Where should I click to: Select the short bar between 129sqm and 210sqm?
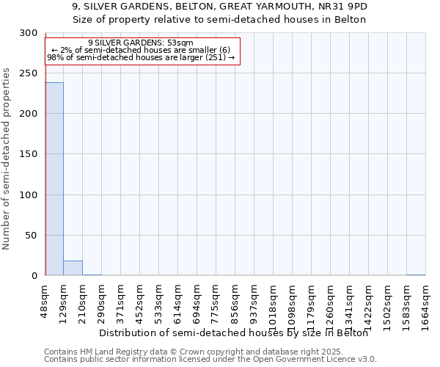(73, 268)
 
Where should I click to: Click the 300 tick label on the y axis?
(29, 33)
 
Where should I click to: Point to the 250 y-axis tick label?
(29, 73)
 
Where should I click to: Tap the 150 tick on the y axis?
(29, 154)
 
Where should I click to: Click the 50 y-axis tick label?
(32, 236)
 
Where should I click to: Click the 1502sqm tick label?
(387, 299)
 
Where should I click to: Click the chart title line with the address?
(220, 7)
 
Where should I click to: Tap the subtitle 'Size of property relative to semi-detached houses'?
(220, 19)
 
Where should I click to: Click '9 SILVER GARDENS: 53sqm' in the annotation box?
(140, 43)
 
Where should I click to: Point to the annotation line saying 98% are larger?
(140, 57)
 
